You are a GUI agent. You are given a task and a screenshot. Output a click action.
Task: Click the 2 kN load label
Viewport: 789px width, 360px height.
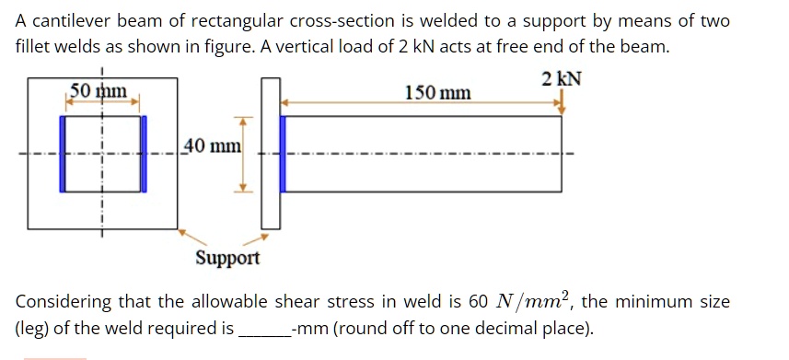pos(562,80)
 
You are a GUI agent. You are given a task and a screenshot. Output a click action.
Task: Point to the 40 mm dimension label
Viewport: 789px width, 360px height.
pos(213,145)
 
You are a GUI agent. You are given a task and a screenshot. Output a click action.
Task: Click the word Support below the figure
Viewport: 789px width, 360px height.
pos(227,258)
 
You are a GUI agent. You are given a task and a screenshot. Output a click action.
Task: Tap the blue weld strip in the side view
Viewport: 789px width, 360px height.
pos(284,153)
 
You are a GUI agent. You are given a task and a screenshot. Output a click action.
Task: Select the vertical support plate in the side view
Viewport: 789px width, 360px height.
pos(270,153)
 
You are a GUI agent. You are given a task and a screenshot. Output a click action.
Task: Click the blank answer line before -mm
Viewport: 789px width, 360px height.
pos(263,329)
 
